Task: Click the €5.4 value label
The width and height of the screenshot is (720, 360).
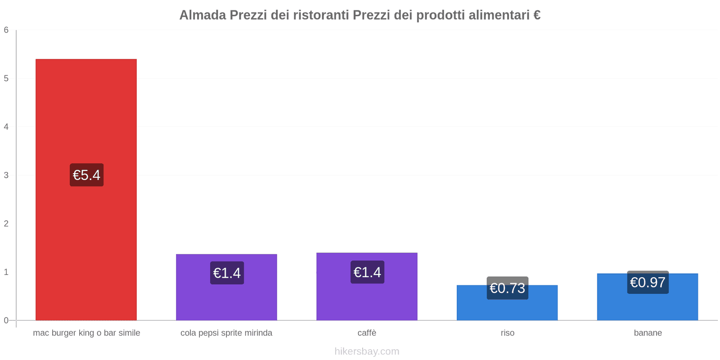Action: click(86, 175)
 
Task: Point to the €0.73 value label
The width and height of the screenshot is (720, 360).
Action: click(507, 288)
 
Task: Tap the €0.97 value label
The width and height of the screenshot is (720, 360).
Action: click(648, 282)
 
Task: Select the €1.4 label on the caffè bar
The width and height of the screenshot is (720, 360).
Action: click(367, 272)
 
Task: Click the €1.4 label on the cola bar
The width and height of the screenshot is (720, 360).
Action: click(227, 273)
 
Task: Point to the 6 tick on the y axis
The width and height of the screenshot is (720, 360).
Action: click(6, 30)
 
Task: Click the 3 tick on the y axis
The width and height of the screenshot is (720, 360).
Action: click(6, 175)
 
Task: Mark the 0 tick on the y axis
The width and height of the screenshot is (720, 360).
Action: click(6, 320)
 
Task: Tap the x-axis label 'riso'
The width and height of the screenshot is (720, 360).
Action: click(507, 333)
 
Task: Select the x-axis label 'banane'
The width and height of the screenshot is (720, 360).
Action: click(648, 333)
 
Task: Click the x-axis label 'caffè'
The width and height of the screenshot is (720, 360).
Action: click(367, 333)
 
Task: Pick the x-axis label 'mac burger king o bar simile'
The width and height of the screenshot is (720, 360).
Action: click(86, 333)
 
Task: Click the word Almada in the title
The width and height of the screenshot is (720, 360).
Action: click(202, 15)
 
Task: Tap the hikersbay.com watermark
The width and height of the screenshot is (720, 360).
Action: click(367, 351)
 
